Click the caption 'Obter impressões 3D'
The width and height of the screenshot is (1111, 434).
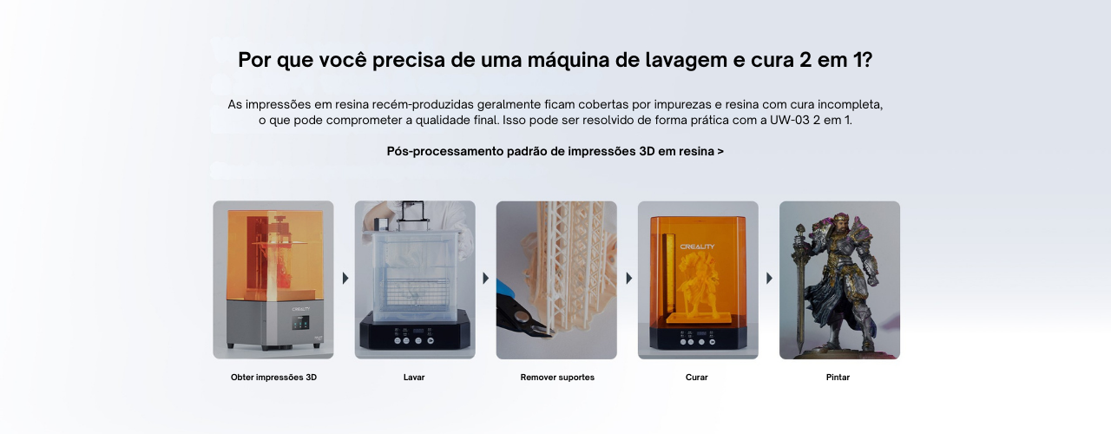(273, 378)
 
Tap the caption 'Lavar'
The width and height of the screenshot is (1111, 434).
(414, 378)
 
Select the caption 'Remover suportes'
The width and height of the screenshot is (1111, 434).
(557, 378)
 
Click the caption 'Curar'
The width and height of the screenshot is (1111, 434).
(696, 378)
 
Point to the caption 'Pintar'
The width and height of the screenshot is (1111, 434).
(838, 378)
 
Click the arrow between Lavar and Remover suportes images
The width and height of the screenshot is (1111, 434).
(486, 279)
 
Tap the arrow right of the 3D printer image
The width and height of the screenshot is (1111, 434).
(345, 279)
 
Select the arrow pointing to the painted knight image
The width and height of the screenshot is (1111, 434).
(769, 279)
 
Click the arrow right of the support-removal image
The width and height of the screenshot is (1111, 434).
(629, 279)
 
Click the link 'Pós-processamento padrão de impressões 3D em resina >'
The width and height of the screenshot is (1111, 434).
(555, 151)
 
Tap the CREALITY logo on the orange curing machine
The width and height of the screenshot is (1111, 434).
(697, 247)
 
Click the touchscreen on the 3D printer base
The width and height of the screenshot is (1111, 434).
(300, 324)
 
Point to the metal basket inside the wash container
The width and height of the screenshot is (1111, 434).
(415, 294)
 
